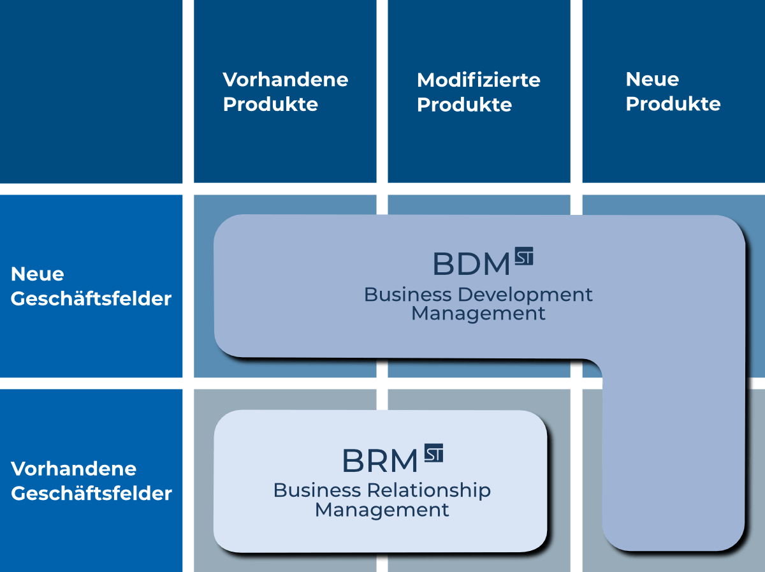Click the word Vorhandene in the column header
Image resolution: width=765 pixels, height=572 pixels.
(x=285, y=80)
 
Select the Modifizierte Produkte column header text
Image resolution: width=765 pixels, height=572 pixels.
(x=478, y=92)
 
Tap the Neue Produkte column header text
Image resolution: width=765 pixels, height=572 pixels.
(x=673, y=92)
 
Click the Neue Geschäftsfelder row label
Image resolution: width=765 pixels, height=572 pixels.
(x=91, y=286)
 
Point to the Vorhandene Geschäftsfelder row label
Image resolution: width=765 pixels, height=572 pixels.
(x=91, y=481)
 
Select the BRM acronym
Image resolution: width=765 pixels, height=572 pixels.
(x=380, y=461)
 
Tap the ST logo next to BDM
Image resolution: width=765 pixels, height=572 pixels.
(x=524, y=256)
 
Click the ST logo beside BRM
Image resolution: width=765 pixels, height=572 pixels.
(x=433, y=453)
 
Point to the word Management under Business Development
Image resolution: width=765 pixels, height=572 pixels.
(x=478, y=314)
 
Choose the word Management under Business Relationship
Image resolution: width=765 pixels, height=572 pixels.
(x=382, y=510)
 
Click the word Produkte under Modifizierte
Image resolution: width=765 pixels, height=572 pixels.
(x=464, y=105)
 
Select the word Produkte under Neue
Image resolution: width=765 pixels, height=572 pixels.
(x=673, y=104)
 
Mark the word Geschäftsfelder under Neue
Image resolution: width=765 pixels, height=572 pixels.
(x=91, y=298)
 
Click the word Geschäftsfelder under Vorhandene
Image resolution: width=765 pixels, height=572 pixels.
(x=91, y=494)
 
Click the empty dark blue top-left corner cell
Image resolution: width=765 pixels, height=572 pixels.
(x=91, y=91)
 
